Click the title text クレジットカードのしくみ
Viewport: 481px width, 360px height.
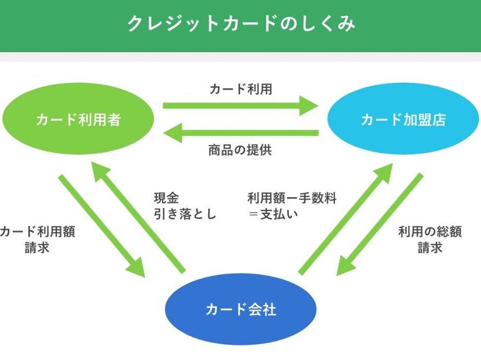point(241,24)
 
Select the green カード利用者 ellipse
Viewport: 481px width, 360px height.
point(78,120)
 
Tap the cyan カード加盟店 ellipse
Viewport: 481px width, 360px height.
point(403,120)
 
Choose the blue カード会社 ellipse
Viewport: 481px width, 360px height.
point(241,309)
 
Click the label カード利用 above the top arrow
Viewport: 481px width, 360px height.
point(241,89)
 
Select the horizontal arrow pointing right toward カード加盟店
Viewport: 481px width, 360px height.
point(240,106)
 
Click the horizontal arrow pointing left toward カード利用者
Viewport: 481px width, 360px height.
point(240,133)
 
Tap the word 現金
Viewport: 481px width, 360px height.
point(166,198)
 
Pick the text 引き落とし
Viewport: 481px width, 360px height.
point(185,214)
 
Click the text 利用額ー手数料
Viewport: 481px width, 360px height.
point(292,198)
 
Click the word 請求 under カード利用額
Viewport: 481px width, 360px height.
point(37,248)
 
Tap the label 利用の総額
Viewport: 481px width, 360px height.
point(430,231)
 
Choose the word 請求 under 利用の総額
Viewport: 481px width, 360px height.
point(430,248)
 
